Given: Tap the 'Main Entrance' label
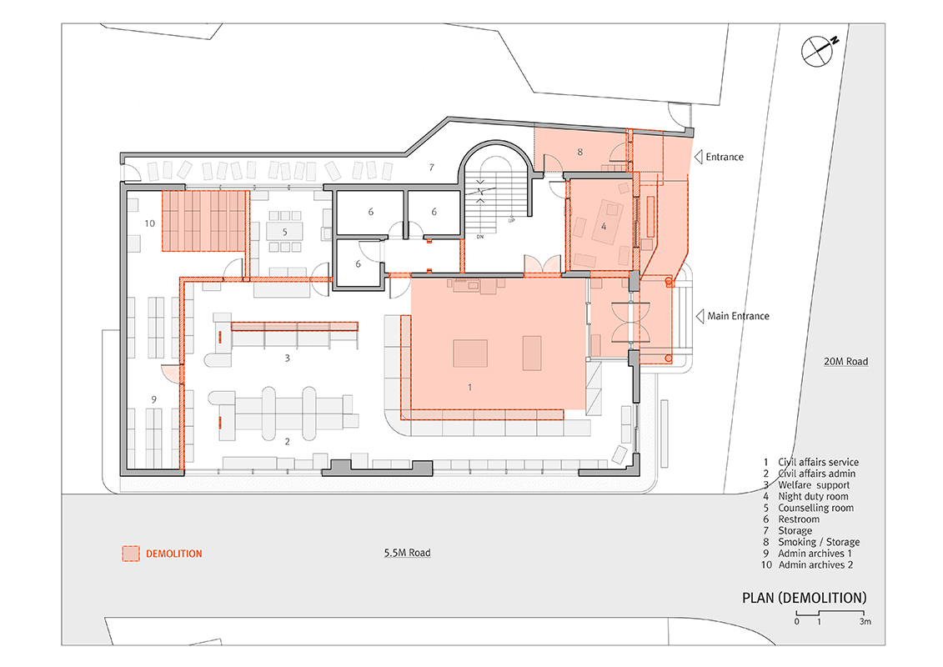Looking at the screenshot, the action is pyautogui.click(x=738, y=316).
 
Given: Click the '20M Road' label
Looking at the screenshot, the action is pyautogui.click(x=845, y=362).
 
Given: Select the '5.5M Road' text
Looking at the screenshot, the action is pyautogui.click(x=407, y=553).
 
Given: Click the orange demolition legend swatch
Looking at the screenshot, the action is pyautogui.click(x=131, y=554).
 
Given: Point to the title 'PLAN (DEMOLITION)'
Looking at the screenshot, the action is pyautogui.click(x=804, y=598).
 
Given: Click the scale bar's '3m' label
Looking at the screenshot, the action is pyautogui.click(x=865, y=621).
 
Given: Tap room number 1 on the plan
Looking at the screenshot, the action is pyautogui.click(x=469, y=388).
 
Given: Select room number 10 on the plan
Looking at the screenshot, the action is pyautogui.click(x=150, y=223).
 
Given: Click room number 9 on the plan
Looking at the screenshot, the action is pyautogui.click(x=154, y=399).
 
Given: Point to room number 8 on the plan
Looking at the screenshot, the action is pyautogui.click(x=579, y=152).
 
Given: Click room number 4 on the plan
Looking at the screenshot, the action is pyautogui.click(x=604, y=227).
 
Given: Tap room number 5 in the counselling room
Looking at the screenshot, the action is pyautogui.click(x=285, y=232).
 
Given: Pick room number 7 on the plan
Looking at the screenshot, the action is pyautogui.click(x=431, y=168).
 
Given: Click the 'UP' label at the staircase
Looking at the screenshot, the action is pyautogui.click(x=511, y=221).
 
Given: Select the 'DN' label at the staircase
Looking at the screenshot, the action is pyautogui.click(x=480, y=237).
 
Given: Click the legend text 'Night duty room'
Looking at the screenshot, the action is pyautogui.click(x=813, y=496).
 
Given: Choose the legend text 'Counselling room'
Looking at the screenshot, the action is pyautogui.click(x=815, y=508).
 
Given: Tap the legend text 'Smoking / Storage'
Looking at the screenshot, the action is pyautogui.click(x=819, y=542).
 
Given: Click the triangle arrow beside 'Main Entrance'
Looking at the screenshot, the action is pyautogui.click(x=700, y=316).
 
